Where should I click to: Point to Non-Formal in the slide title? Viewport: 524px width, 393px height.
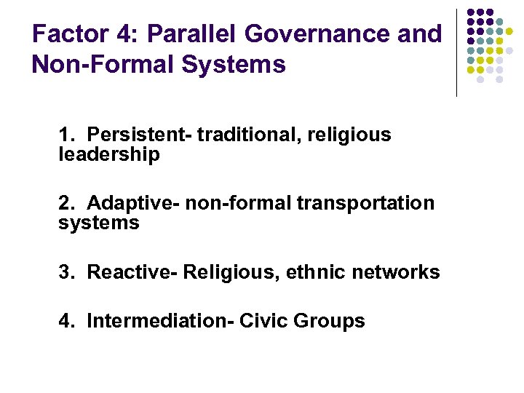[x=99, y=65]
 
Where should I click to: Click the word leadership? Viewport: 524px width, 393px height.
[x=109, y=154]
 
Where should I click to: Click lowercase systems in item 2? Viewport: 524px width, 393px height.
[x=99, y=223]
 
